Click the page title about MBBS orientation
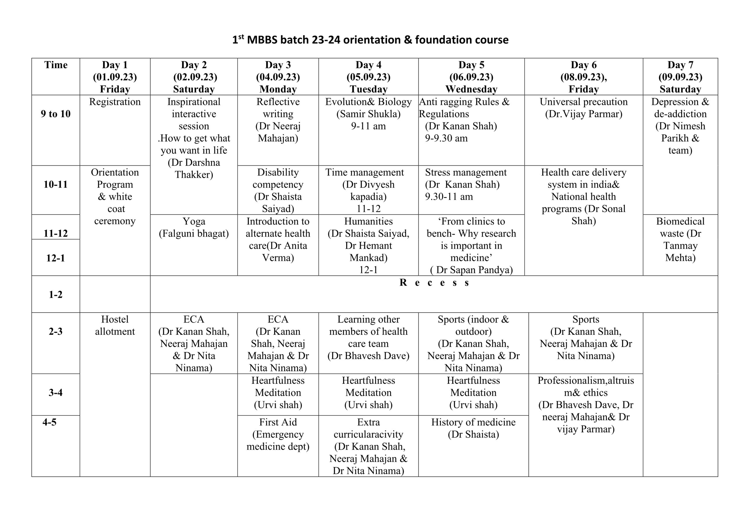point(370,40)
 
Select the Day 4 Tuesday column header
point(368,77)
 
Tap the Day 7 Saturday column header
point(680,77)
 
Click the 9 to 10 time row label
point(56,114)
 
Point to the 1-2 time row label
point(56,294)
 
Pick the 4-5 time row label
point(49,422)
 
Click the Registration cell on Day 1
point(115,102)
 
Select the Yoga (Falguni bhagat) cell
point(194,227)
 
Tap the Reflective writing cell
point(278,120)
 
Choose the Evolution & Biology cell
point(368,114)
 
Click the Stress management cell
point(465,184)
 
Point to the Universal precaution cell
point(584,108)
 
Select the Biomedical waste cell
point(680,239)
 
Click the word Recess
point(434,283)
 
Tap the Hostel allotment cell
point(115,325)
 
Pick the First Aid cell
point(278,434)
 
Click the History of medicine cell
point(473,428)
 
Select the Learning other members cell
point(368,337)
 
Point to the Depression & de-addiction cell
point(680,126)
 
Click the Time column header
point(56,65)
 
